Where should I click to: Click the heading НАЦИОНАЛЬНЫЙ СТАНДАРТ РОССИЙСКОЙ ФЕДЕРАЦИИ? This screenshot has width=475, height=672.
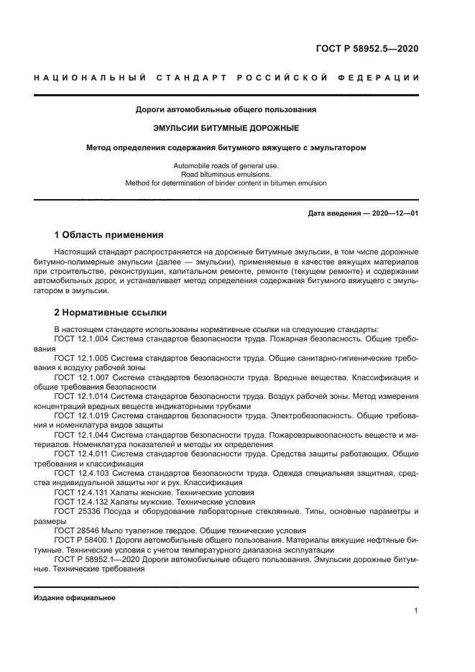click(x=226, y=78)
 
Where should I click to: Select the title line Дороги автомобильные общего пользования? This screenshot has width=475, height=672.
click(x=226, y=110)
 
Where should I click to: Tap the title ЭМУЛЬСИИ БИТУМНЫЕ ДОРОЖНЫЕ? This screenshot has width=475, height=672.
click(x=226, y=129)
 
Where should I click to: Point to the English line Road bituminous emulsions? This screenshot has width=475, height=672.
click(x=226, y=174)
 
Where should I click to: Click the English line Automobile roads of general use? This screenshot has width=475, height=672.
click(x=226, y=165)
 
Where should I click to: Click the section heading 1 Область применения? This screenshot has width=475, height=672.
click(x=109, y=235)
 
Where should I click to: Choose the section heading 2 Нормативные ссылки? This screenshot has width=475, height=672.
click(x=111, y=313)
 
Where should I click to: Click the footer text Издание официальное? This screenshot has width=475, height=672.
click(x=75, y=598)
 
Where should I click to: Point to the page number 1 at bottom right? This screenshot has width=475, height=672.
click(x=416, y=611)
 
